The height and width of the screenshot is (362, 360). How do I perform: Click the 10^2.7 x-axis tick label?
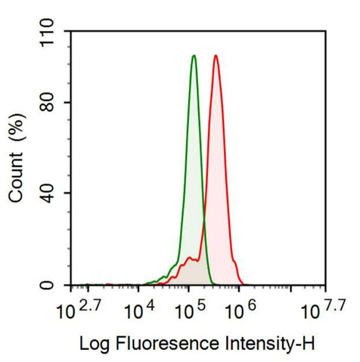[79, 308]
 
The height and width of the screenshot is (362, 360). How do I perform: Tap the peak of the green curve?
[194, 56]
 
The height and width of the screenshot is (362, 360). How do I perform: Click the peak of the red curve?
[216, 56]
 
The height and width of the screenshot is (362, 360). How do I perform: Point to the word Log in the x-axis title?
[94, 345]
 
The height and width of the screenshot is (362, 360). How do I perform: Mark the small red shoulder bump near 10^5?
[188, 259]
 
